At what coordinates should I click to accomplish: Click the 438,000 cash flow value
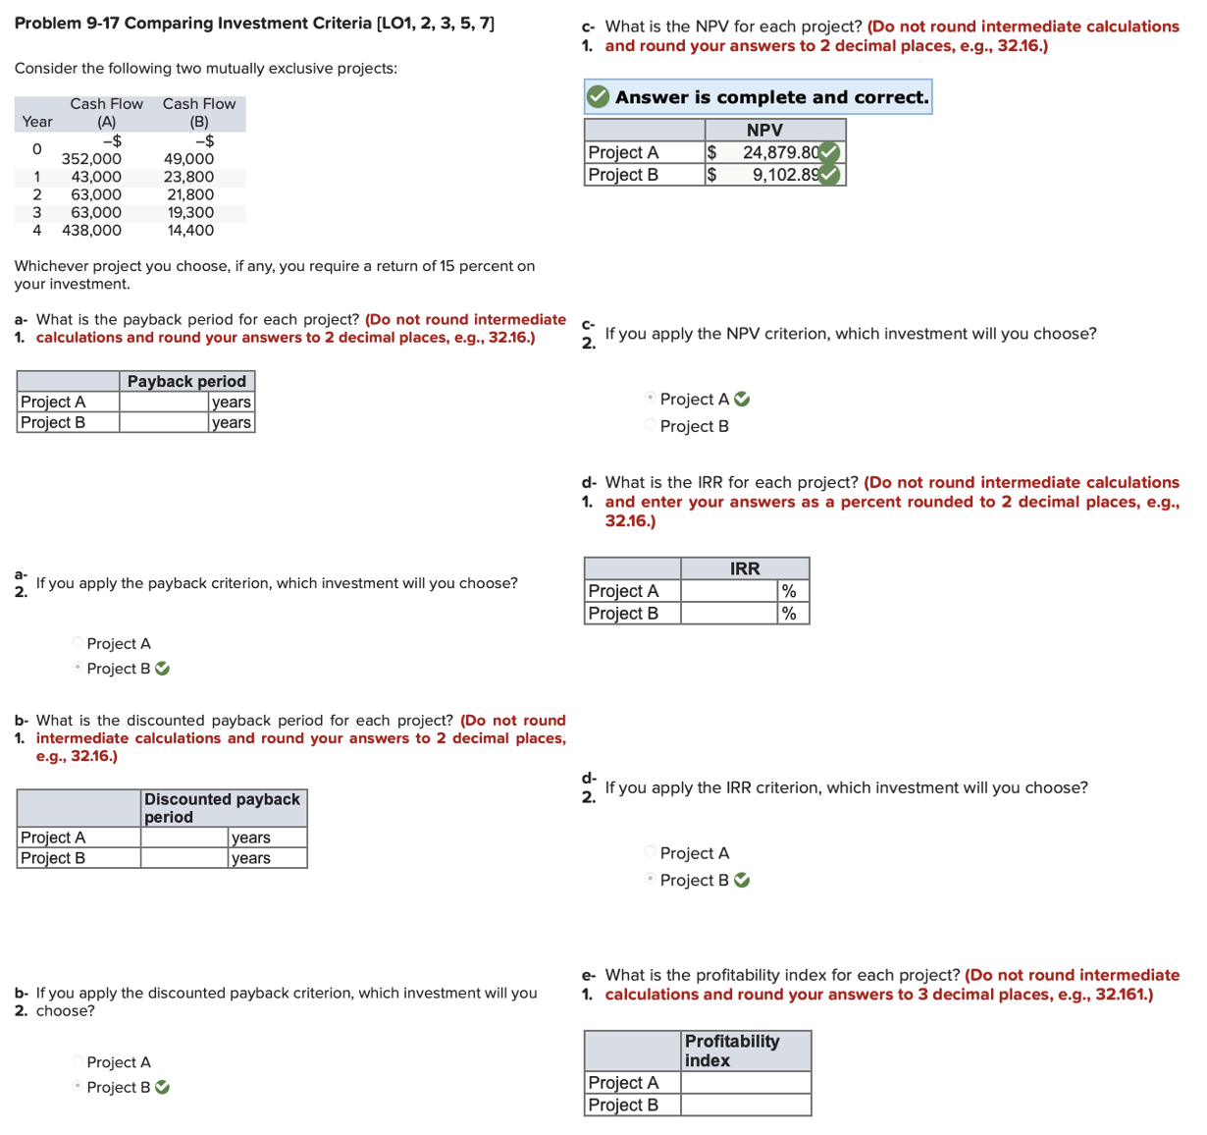[92, 231]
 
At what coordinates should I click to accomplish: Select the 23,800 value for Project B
[190, 178]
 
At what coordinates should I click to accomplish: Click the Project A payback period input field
[164, 403]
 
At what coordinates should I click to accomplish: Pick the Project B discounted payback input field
[184, 858]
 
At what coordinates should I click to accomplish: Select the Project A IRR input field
[729, 591]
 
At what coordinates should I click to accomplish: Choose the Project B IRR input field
[729, 614]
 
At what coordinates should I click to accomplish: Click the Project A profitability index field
[746, 1083]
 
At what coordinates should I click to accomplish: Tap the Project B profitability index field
[746, 1106]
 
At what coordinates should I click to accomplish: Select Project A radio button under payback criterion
[78, 643]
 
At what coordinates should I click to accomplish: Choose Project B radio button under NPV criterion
[650, 425]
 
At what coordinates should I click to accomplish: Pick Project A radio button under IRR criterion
[650, 852]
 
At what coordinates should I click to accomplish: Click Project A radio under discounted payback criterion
[78, 1061]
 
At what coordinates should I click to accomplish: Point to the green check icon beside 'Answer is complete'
[598, 97]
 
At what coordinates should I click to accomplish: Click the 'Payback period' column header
[186, 382]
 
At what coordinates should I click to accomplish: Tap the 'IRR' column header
[745, 569]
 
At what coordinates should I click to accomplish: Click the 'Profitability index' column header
[732, 1051]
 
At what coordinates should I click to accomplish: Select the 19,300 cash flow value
[190, 213]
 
